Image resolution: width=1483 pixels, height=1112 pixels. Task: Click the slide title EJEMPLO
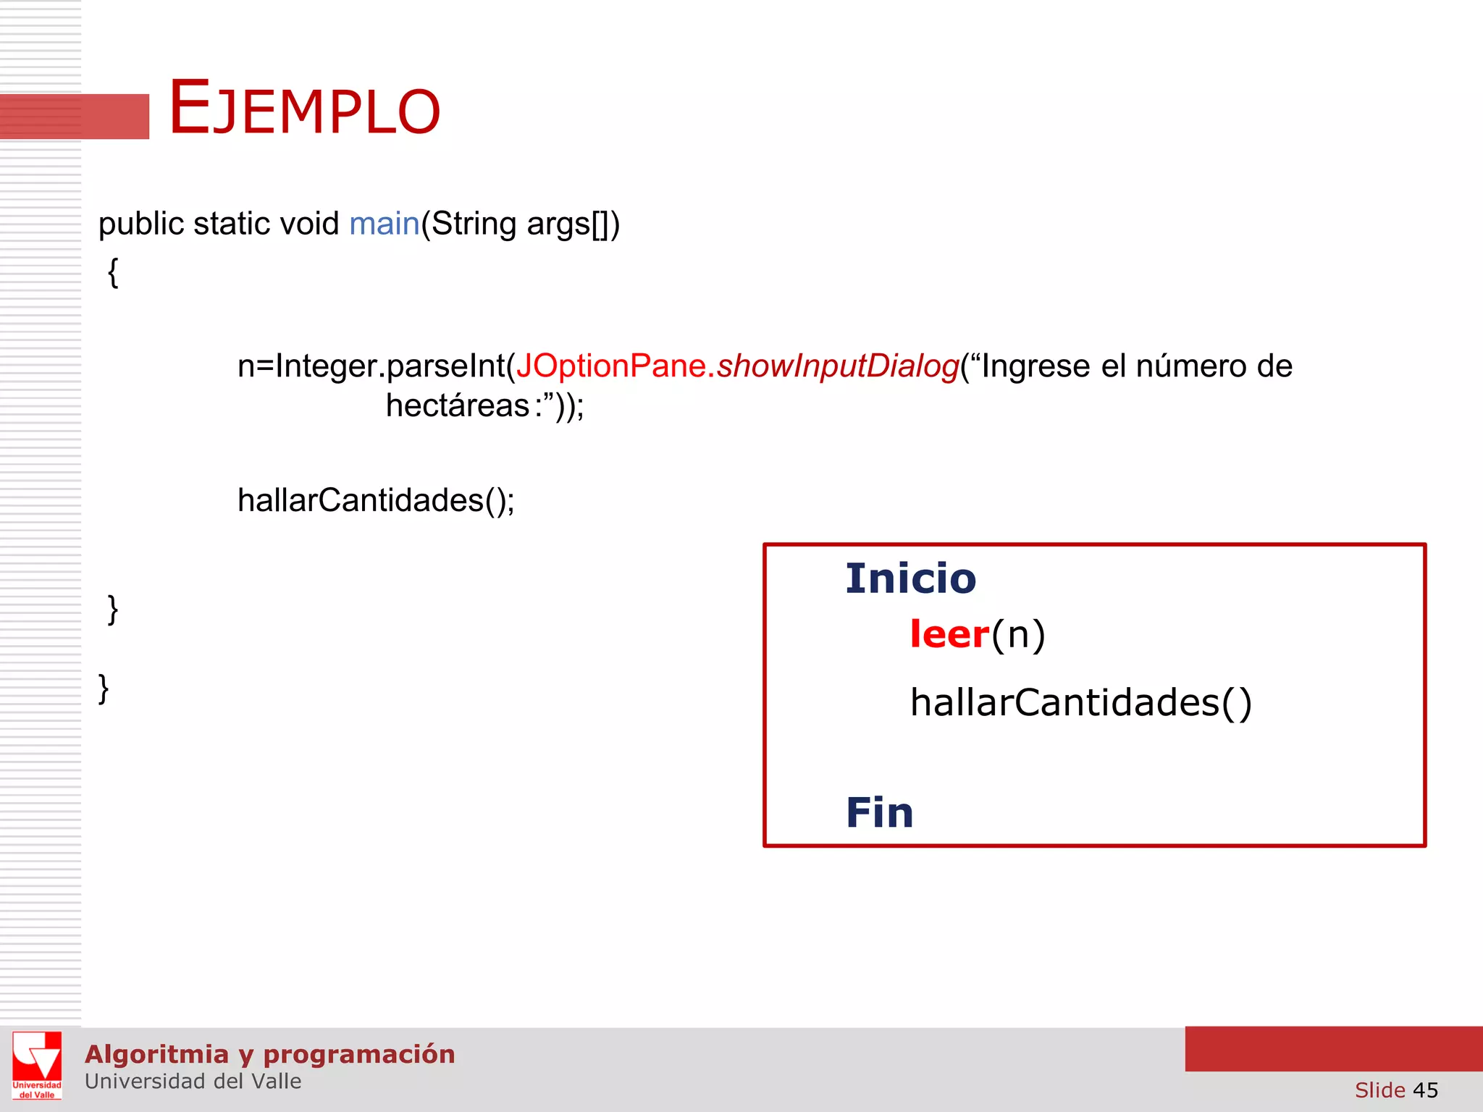click(x=304, y=109)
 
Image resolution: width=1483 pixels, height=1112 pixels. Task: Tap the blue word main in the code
click(x=384, y=224)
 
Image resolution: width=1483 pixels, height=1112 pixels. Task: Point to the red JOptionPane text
click(x=610, y=366)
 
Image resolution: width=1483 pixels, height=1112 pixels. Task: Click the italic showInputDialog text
click(x=838, y=366)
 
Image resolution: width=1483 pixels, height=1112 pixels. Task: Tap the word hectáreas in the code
click(x=458, y=405)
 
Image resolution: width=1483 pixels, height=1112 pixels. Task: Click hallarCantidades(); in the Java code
click(x=376, y=500)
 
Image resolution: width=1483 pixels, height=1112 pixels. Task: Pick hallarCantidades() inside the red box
click(x=1080, y=703)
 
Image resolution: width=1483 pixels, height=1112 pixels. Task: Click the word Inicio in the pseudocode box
click(x=910, y=578)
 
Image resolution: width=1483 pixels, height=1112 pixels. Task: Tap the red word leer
click(x=949, y=635)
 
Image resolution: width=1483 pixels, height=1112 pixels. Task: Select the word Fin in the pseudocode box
click(x=879, y=812)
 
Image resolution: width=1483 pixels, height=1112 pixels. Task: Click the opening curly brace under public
click(x=113, y=274)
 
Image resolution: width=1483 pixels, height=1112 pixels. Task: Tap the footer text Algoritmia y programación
click(x=269, y=1054)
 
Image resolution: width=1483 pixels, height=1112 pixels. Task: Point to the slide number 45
click(x=1425, y=1090)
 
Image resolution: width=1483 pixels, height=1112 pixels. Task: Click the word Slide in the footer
click(x=1379, y=1090)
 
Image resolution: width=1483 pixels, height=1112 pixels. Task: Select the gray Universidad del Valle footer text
click(x=193, y=1082)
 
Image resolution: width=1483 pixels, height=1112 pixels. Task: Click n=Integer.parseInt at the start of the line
click(x=371, y=366)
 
